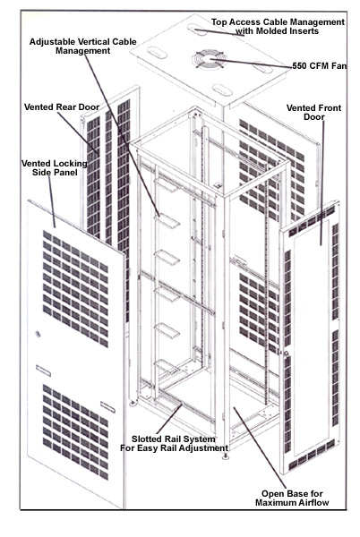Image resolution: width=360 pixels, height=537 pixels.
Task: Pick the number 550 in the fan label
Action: point(303,65)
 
